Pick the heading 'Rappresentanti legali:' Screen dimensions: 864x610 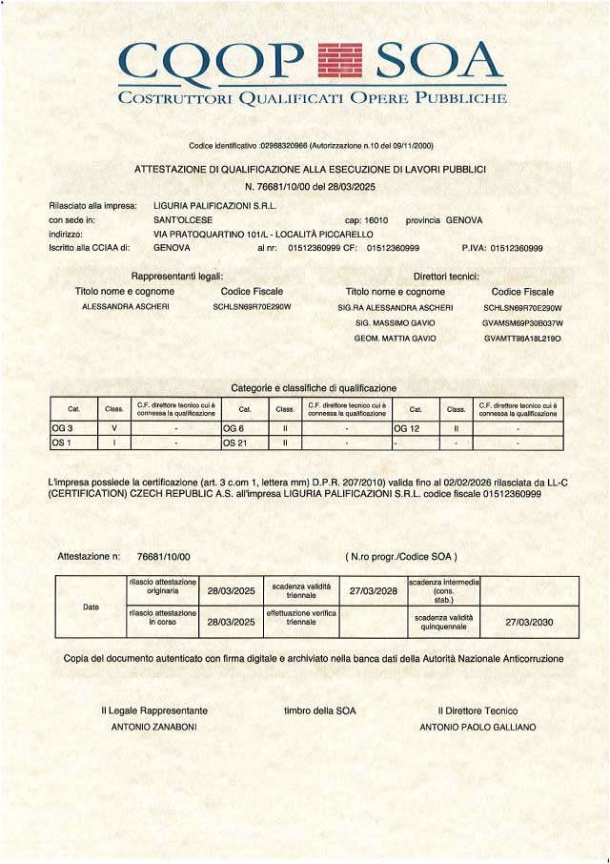tap(176, 275)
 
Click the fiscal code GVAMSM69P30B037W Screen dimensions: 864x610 tap(522, 323)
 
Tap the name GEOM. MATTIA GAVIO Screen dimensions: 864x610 tap(395, 338)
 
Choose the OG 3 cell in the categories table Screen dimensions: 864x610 tap(63, 429)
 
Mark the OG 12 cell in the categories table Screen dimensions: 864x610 tap(408, 429)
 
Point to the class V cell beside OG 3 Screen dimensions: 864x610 tap(114, 429)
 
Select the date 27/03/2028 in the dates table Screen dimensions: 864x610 tap(373, 590)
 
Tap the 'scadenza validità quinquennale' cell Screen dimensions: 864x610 tap(443, 621)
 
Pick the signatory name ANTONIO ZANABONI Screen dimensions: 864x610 tap(154, 727)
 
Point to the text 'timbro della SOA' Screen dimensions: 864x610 tap(319, 710)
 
